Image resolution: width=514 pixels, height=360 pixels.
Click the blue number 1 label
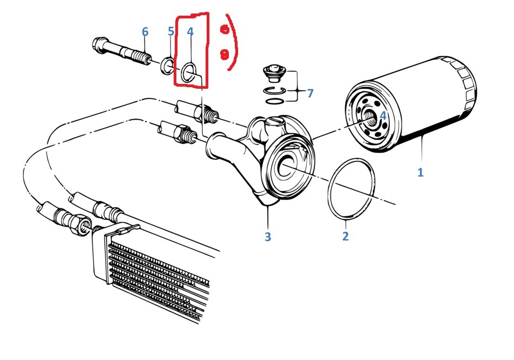[420, 173]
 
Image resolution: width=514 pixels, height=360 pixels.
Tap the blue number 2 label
[346, 236]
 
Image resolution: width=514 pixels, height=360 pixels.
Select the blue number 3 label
[267, 237]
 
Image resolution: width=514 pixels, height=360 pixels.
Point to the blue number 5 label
[171, 32]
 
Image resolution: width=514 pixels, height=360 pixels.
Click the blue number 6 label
[144, 32]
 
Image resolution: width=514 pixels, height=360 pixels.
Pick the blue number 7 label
[310, 93]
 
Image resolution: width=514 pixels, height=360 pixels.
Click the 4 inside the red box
[190, 32]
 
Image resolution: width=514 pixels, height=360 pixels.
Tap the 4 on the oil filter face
[383, 115]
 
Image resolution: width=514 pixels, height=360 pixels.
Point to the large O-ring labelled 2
[352, 189]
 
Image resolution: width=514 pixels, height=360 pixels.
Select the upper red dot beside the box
[223, 31]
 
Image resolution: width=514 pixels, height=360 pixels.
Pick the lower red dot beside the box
[223, 54]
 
